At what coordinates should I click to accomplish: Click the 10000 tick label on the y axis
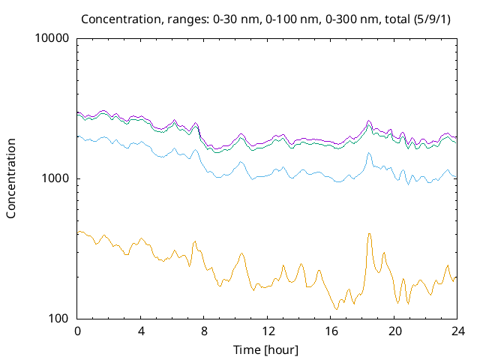52,39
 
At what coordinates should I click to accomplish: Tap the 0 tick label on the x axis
77,331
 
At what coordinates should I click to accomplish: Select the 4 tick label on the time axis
141,331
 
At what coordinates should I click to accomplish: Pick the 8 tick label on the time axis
204,331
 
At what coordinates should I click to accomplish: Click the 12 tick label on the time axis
268,331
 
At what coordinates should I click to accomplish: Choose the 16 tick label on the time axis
331,331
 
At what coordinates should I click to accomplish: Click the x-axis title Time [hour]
267,349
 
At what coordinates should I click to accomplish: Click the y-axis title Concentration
11,178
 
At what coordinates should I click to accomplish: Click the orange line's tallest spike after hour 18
369,233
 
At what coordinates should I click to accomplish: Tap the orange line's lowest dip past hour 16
336,309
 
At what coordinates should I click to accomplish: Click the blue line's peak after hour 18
369,153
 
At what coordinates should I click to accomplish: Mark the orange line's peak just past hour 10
241,253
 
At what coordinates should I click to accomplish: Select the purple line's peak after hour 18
369,120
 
